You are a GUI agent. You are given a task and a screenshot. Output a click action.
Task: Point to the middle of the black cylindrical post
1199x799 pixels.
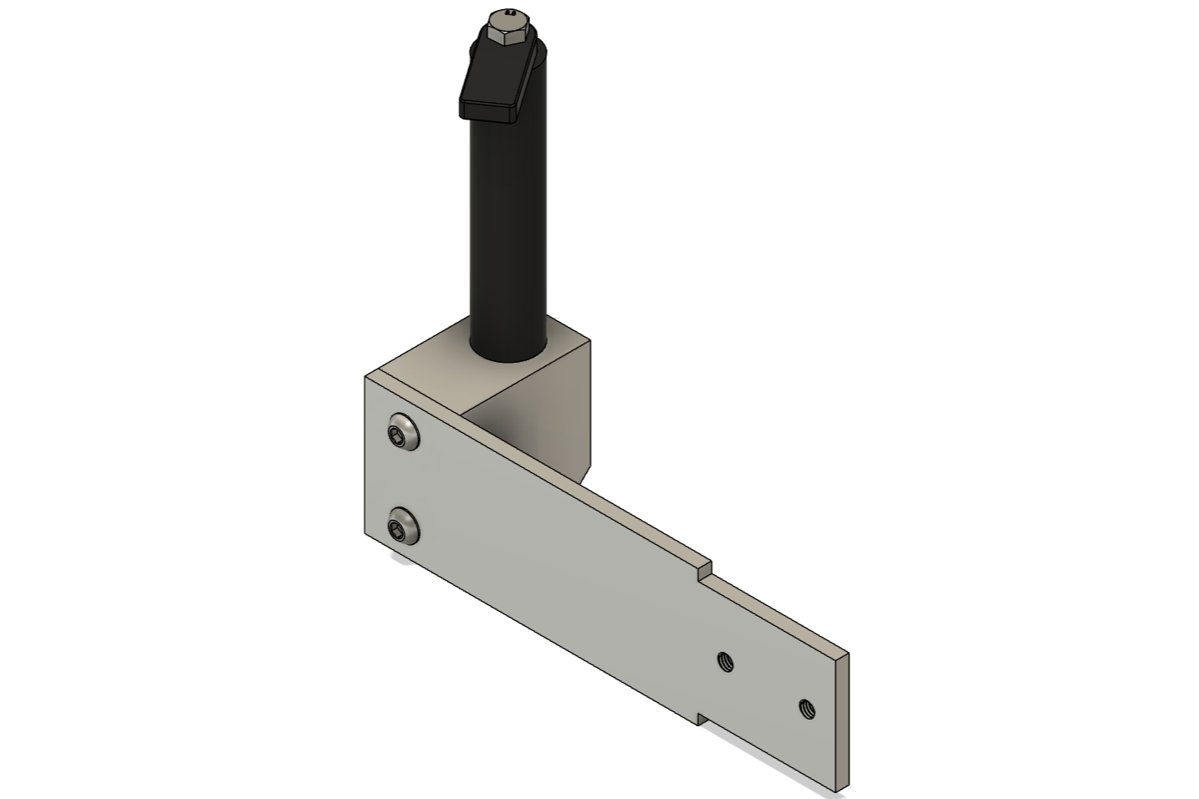[x=508, y=226]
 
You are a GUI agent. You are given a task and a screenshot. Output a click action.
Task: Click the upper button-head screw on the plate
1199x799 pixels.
[x=403, y=432]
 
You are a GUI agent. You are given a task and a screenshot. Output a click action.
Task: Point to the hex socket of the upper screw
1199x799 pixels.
[x=396, y=432]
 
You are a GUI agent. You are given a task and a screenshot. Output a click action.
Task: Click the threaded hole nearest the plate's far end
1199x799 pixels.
[x=807, y=710]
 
